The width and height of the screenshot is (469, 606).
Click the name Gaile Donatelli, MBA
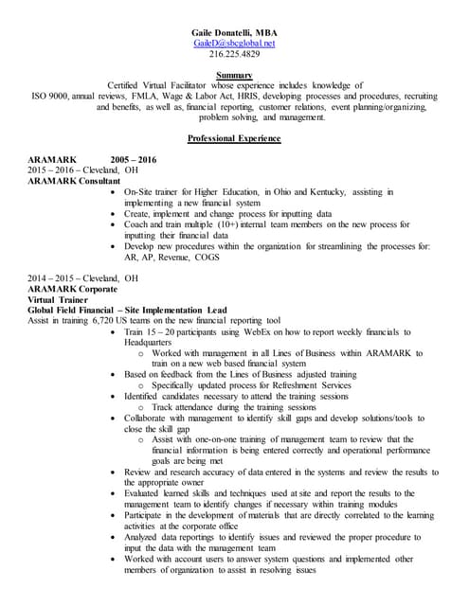(x=234, y=33)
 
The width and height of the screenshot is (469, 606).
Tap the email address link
(x=234, y=44)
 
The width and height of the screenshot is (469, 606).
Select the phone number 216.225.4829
(x=234, y=55)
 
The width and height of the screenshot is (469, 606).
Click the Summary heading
(x=234, y=75)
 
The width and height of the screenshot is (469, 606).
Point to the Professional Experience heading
(x=234, y=139)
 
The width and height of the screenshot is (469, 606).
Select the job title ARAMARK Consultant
(x=75, y=181)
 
